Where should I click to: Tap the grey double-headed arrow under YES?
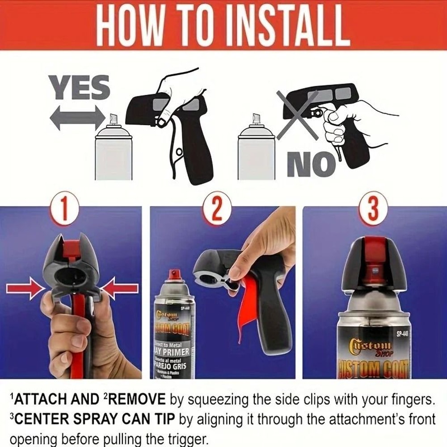pyautogui.click(x=77, y=118)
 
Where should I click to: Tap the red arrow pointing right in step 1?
pyautogui.click(x=25, y=288)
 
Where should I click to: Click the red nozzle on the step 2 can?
pyautogui.click(x=174, y=274)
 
